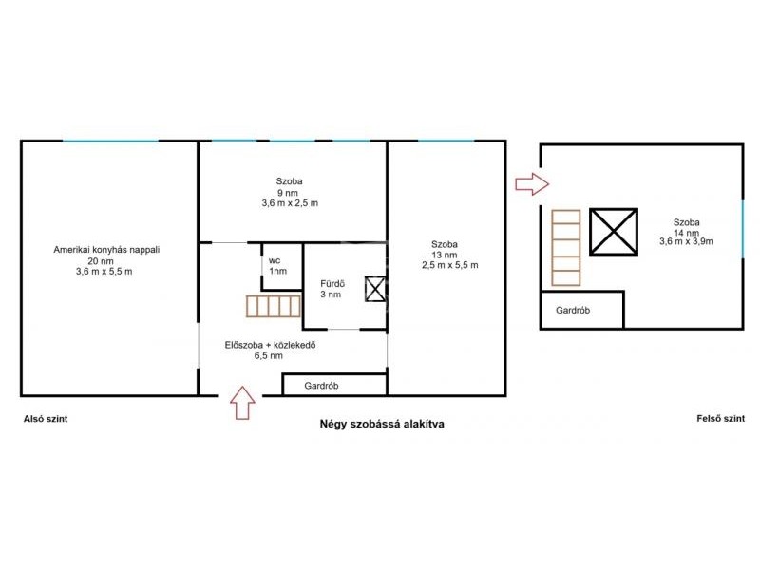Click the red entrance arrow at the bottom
click(242, 402)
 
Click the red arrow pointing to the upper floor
click(532, 184)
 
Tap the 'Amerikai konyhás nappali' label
click(106, 250)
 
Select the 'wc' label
click(275, 260)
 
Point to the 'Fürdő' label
click(332, 283)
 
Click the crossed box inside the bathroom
click(375, 289)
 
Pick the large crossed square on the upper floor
click(613, 232)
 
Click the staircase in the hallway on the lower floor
click(274, 306)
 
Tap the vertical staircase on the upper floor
click(565, 248)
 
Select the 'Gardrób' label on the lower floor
click(321, 386)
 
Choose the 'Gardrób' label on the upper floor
click(573, 311)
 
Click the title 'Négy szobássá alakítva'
click(382, 424)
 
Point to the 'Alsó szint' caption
click(46, 419)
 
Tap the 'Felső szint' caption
click(721, 418)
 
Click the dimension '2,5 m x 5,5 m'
click(449, 265)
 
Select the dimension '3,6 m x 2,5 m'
click(290, 203)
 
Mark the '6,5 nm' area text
click(269, 355)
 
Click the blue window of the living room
click(110, 141)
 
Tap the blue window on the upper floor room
click(743, 229)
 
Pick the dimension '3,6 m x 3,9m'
click(686, 241)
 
